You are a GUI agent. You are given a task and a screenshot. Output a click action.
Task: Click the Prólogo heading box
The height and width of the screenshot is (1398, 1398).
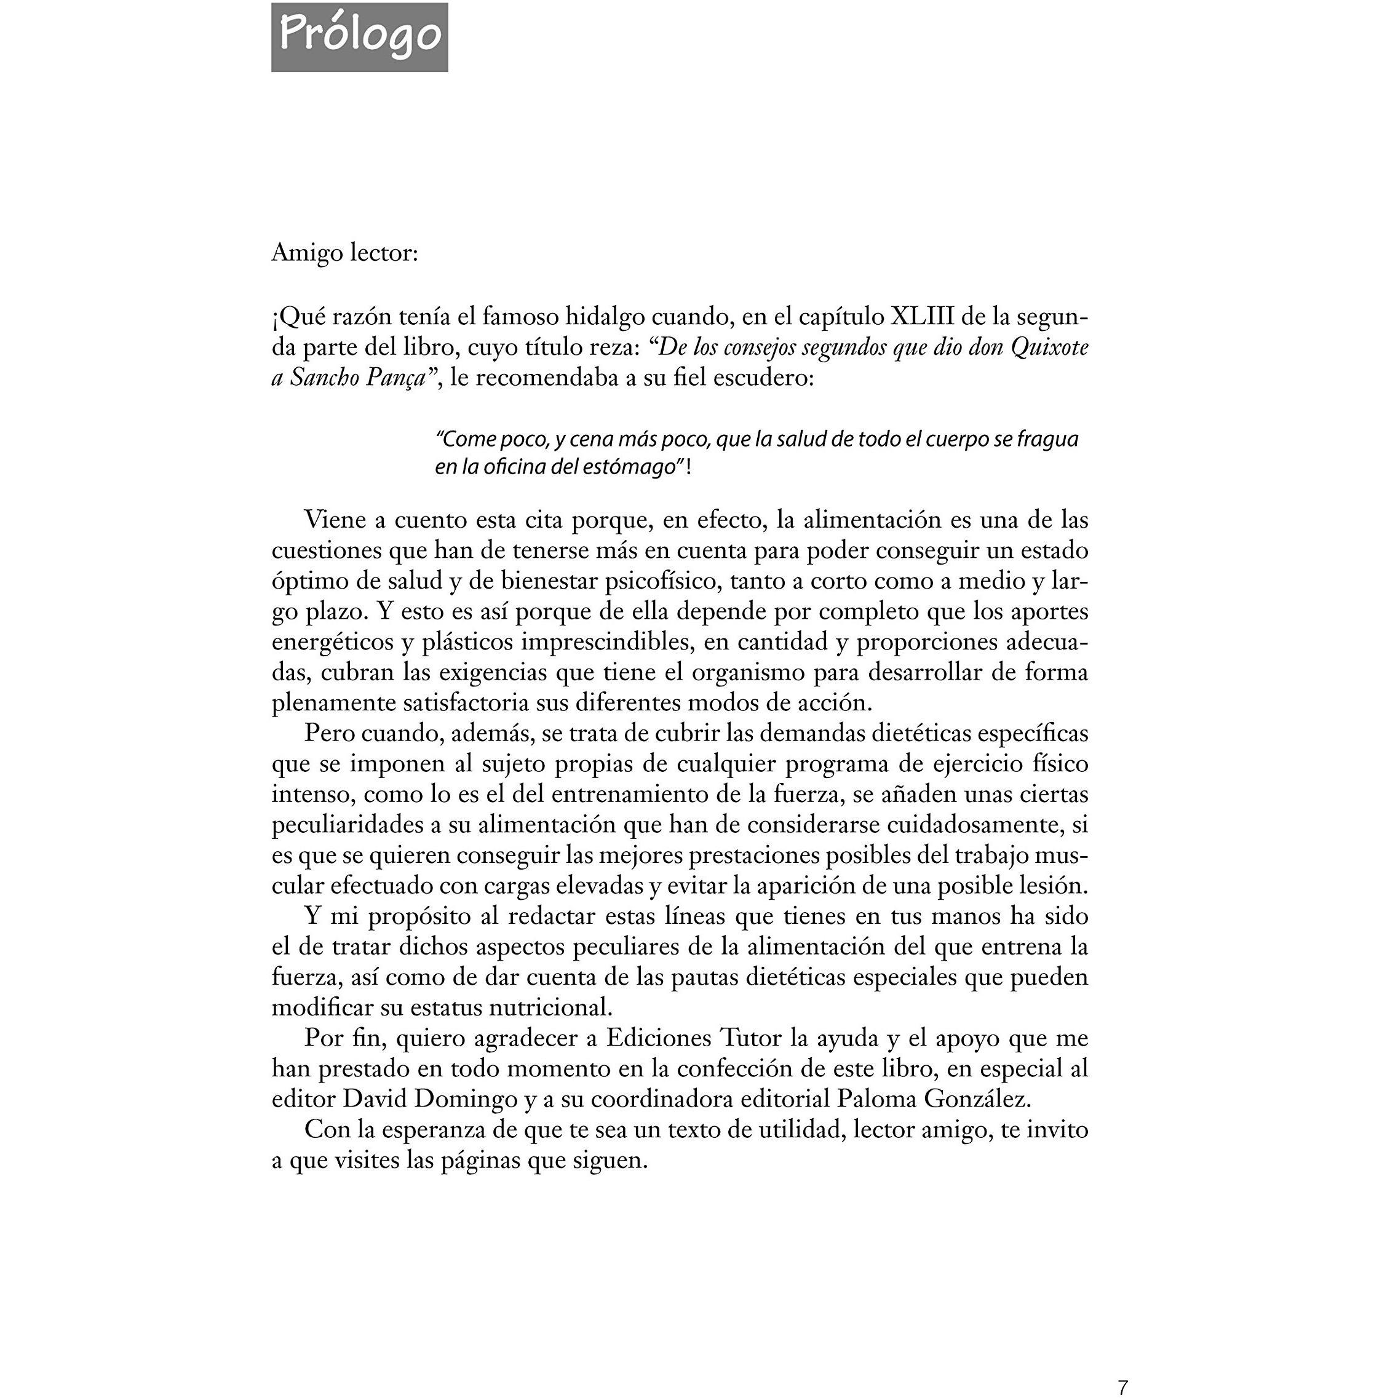(359, 37)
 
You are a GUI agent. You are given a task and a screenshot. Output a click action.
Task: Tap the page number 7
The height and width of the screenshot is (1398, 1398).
(1122, 1387)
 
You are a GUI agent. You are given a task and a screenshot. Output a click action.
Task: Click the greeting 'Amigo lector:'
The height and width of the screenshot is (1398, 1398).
(344, 253)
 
